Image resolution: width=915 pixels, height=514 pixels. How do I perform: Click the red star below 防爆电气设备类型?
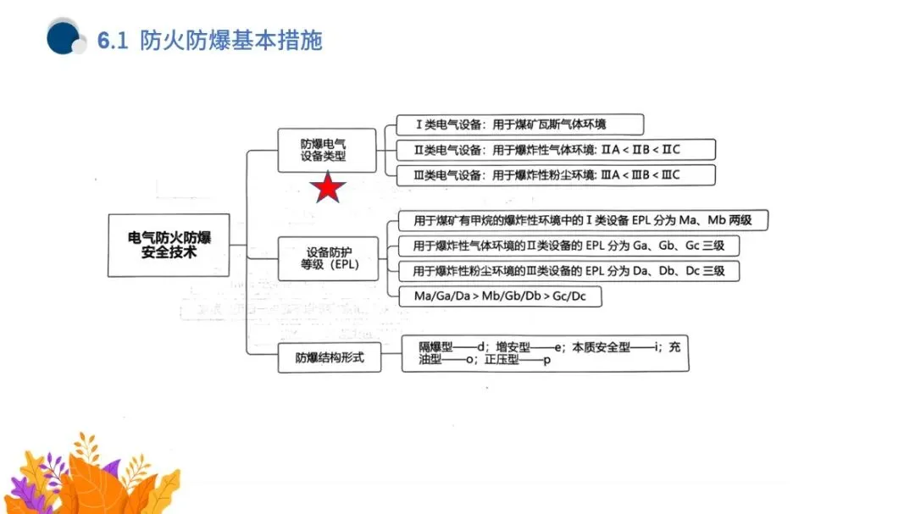327,188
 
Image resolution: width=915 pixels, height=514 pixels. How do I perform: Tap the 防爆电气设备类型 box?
327,150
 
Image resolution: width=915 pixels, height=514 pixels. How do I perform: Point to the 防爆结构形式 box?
330,357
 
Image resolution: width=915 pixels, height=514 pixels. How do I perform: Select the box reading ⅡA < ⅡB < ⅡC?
556,150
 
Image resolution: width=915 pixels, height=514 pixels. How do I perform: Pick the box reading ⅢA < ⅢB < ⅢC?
556,175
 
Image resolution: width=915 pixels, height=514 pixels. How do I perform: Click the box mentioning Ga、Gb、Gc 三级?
568,246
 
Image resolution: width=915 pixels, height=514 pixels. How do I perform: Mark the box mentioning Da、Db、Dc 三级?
568,272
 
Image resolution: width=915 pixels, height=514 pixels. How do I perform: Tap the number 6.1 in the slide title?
113,41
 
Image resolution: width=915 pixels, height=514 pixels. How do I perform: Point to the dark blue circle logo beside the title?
64,37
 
